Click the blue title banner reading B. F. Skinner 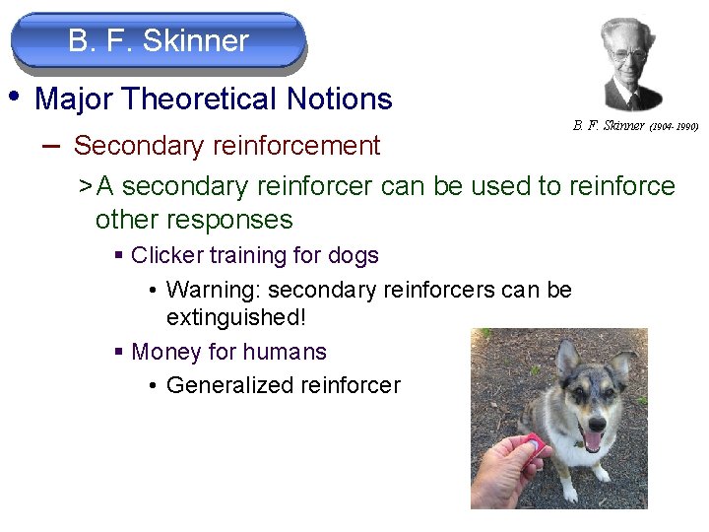coord(159,41)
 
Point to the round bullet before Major coord(14,97)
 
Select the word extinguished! coord(230,318)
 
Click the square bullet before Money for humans coord(118,353)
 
